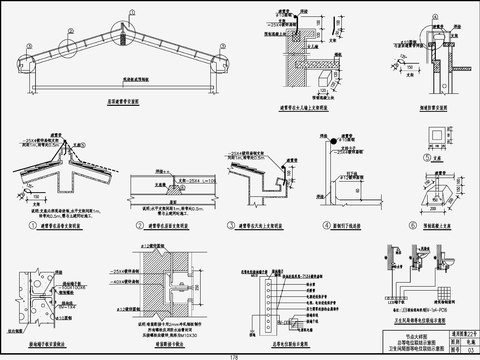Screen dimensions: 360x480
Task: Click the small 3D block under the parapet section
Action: [324, 76]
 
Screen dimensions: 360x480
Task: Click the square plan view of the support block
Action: [436, 137]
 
